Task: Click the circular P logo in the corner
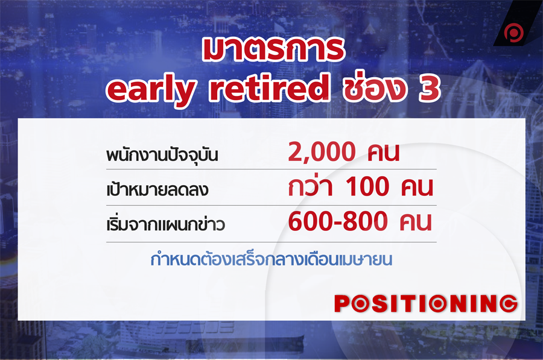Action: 513,33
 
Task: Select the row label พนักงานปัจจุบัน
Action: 162,156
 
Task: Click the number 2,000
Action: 322,152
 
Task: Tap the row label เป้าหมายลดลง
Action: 157,189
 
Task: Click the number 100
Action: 367,186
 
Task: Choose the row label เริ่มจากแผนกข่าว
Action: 165,224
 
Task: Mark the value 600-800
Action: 338,221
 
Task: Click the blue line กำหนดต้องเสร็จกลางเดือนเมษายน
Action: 271,259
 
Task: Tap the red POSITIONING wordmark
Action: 426,303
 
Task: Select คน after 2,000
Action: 383,153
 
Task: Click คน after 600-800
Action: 416,222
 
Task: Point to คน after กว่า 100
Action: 418,188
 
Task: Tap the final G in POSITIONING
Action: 509,303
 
